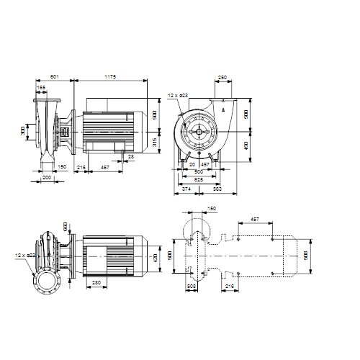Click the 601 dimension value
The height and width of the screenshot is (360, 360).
[x=55, y=76]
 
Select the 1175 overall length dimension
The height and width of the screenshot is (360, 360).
[x=110, y=76]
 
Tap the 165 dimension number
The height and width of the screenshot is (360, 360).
[x=42, y=87]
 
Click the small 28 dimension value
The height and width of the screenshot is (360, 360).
[x=130, y=156]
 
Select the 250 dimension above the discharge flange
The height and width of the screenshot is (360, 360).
[x=222, y=76]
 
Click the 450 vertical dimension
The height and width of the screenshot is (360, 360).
[x=246, y=145]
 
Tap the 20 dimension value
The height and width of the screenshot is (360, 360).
[x=193, y=163]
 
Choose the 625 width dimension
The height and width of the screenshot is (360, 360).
[x=199, y=181]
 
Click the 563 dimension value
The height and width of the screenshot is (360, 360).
[x=215, y=189]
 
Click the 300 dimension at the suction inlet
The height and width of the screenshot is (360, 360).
[x=23, y=131]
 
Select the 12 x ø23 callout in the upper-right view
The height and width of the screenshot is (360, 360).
[x=178, y=95]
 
